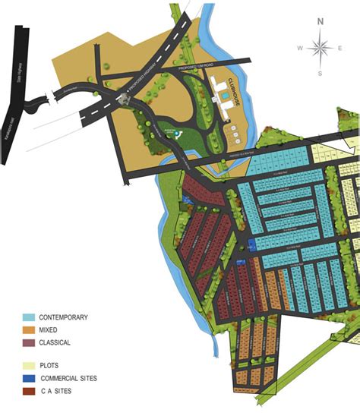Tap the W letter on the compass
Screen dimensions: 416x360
click(x=301, y=48)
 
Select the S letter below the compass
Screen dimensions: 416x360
click(x=321, y=74)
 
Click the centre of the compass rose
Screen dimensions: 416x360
click(x=321, y=48)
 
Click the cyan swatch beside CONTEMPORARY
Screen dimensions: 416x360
click(x=28, y=317)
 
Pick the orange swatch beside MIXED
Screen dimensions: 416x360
click(x=28, y=330)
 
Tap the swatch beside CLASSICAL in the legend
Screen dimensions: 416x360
click(x=28, y=343)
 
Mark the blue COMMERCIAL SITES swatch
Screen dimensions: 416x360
click(x=28, y=377)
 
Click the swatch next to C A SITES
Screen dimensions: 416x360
click(x=28, y=391)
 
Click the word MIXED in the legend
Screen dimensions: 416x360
click(x=48, y=330)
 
